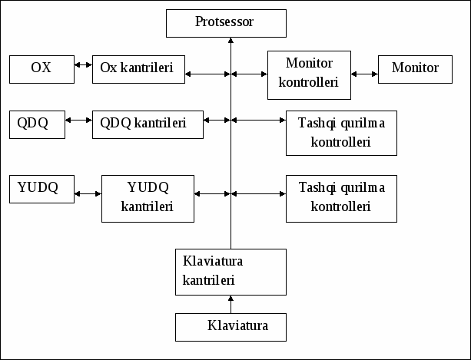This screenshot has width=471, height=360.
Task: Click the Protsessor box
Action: (226, 23)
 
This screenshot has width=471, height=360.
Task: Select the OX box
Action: (41, 69)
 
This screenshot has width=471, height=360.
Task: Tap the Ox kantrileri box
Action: (138, 69)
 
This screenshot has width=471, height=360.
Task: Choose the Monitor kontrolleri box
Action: (309, 75)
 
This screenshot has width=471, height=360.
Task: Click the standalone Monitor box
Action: (415, 69)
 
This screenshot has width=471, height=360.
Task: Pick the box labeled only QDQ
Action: (37, 124)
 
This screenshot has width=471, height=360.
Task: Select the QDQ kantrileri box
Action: (148, 124)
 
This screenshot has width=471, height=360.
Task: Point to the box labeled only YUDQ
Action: (41, 189)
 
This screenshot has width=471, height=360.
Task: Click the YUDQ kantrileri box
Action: (148, 199)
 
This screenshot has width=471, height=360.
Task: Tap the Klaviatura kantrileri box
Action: (231, 272)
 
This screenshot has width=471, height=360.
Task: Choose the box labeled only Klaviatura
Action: (231, 327)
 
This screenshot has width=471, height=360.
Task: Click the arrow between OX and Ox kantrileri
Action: (83, 64)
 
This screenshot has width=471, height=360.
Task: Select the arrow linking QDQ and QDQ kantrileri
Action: (78, 121)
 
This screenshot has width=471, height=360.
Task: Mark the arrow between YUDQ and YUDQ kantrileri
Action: (88, 193)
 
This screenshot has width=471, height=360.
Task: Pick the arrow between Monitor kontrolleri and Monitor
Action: (364, 74)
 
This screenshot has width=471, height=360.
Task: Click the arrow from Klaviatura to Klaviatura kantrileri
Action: (231, 305)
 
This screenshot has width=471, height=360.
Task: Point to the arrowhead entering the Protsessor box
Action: (231, 40)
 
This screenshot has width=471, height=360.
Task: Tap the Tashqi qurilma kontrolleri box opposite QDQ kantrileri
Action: (341, 133)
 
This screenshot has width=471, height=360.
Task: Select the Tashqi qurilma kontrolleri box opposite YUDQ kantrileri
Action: (341, 199)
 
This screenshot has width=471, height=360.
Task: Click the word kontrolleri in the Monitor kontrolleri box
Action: (308, 82)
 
